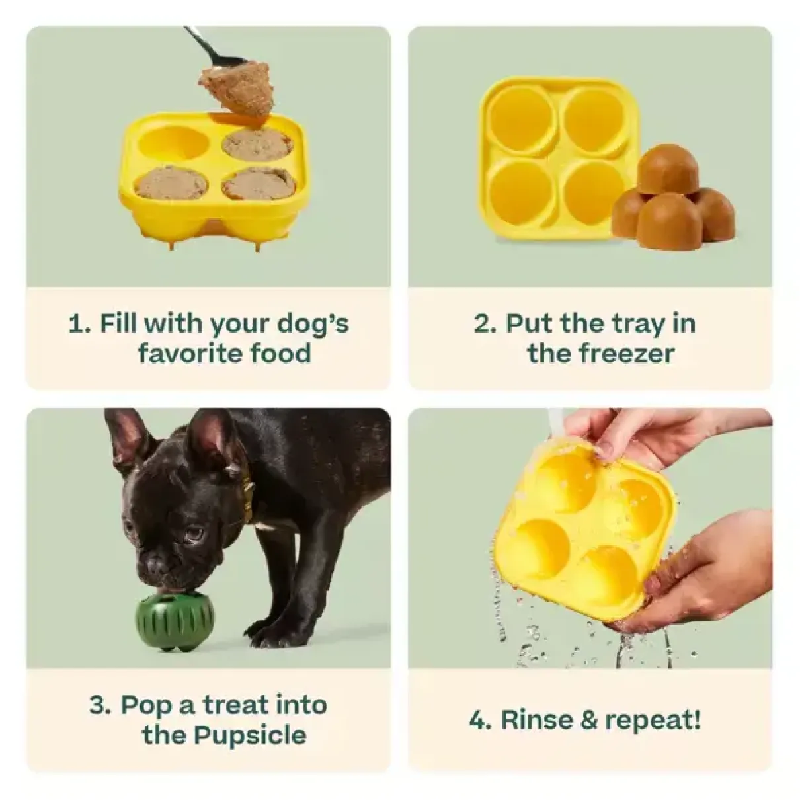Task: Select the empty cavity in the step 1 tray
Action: pyautogui.click(x=175, y=142)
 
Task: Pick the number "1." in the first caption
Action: pyautogui.click(x=79, y=324)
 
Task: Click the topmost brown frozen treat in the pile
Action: pyautogui.click(x=668, y=169)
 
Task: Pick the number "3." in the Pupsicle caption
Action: pyautogui.click(x=100, y=705)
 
